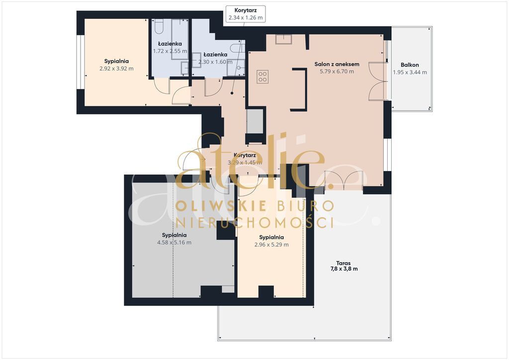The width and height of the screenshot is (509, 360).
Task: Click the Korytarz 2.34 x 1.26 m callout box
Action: (x=246, y=14)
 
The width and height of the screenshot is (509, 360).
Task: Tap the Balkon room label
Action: (x=410, y=65)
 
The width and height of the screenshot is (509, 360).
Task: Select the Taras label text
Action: (x=343, y=263)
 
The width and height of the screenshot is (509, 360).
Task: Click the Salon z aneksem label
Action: (x=337, y=64)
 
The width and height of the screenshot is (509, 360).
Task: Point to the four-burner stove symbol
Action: (x=262, y=77)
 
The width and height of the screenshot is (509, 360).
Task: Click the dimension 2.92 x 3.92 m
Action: (x=116, y=69)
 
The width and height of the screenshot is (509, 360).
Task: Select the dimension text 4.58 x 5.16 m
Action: (x=174, y=243)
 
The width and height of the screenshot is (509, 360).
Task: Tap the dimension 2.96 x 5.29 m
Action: (x=271, y=245)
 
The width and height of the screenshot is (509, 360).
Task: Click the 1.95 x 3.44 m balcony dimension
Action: (x=410, y=73)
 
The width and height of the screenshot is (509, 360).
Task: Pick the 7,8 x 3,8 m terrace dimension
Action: (x=344, y=269)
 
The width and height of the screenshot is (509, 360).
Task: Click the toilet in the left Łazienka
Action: (x=159, y=26)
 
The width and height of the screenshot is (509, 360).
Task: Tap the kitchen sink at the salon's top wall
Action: (x=283, y=39)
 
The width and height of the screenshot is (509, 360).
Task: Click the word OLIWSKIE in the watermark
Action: (x=221, y=206)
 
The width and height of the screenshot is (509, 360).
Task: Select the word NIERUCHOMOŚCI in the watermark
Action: (x=255, y=223)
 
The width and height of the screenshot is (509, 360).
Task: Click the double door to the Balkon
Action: (x=378, y=81)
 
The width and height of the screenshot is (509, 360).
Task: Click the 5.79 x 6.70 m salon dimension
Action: (x=337, y=72)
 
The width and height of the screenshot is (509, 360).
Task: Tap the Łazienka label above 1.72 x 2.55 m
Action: (x=170, y=44)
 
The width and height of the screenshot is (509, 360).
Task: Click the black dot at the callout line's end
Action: (x=232, y=93)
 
